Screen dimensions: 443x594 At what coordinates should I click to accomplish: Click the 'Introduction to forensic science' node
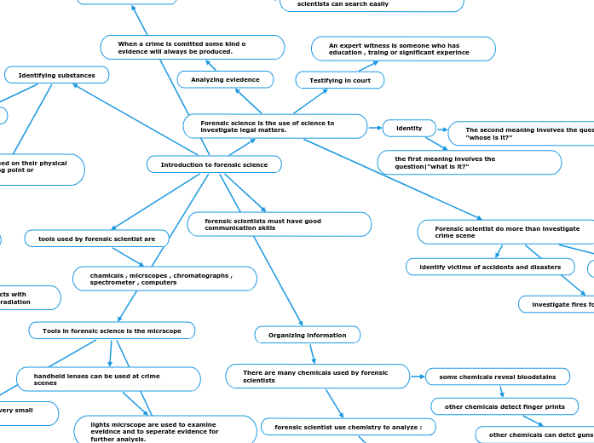pyautogui.click(x=214, y=164)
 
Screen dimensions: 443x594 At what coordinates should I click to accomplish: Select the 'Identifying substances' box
pyautogui.click(x=57, y=75)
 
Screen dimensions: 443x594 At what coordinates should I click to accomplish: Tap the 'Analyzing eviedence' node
pyautogui.click(x=225, y=79)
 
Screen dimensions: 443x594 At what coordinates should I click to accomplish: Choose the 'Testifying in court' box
pyautogui.click(x=339, y=80)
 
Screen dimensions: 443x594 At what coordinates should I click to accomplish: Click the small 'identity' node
pyautogui.click(x=409, y=128)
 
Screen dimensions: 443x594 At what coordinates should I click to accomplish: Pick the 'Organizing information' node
pyautogui.click(x=307, y=335)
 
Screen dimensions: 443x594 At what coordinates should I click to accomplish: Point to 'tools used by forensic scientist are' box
pyautogui.click(x=96, y=239)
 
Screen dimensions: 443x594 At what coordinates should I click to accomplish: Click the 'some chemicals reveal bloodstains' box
pyautogui.click(x=498, y=377)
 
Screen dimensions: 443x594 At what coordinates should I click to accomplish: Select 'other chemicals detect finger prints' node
pyautogui.click(x=505, y=406)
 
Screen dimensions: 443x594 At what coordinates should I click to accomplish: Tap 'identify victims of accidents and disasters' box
pyautogui.click(x=490, y=267)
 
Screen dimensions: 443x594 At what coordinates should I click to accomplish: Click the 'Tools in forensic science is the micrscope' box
pyautogui.click(x=112, y=331)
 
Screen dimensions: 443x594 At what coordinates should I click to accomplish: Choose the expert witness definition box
pyautogui.click(x=403, y=49)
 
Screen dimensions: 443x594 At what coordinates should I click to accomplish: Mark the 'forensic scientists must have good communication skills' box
pyautogui.click(x=279, y=224)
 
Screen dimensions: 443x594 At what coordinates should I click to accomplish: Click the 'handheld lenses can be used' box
pyautogui.click(x=108, y=379)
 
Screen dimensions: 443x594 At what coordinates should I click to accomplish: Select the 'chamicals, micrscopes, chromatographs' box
pyautogui.click(x=164, y=279)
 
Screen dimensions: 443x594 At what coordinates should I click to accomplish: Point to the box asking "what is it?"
pyautogui.click(x=469, y=162)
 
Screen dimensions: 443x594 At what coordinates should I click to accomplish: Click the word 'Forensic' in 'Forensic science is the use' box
pyautogui.click(x=215, y=123)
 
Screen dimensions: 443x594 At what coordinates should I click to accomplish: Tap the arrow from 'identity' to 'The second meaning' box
pyautogui.click(x=442, y=129)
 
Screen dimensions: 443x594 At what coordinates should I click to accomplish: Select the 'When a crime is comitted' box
pyautogui.click(x=192, y=47)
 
